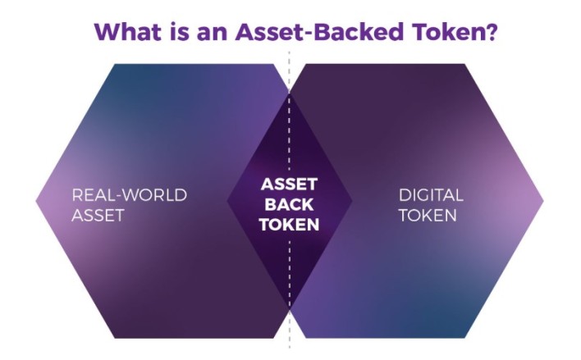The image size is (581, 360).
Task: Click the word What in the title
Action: coord(128,32)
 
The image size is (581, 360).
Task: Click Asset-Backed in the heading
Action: coord(319,32)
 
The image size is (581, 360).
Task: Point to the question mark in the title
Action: coord(490,32)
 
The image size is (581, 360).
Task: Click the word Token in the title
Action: coord(446,32)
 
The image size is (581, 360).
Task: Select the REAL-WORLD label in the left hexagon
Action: coord(130,195)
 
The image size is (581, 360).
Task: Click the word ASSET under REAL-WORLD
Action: coord(98,215)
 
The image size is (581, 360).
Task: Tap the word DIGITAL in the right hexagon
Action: coord(431,195)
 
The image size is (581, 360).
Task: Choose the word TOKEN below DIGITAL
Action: coord(428,215)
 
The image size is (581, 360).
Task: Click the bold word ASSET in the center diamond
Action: coord(290,184)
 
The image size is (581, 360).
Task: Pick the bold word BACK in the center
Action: coord(290,204)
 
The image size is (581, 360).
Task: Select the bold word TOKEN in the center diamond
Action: coord(290,225)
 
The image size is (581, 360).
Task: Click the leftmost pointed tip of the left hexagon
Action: coord(36,201)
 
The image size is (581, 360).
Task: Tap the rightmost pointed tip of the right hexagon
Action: coord(543,201)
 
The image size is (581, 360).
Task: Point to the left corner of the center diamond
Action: coord(226,201)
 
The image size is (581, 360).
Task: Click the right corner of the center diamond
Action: coord(352,201)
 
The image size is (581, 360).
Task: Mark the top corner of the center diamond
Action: coord(290,93)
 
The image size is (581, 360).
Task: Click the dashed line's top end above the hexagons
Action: coord(290,52)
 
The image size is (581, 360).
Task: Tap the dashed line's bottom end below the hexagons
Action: coord(290,349)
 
